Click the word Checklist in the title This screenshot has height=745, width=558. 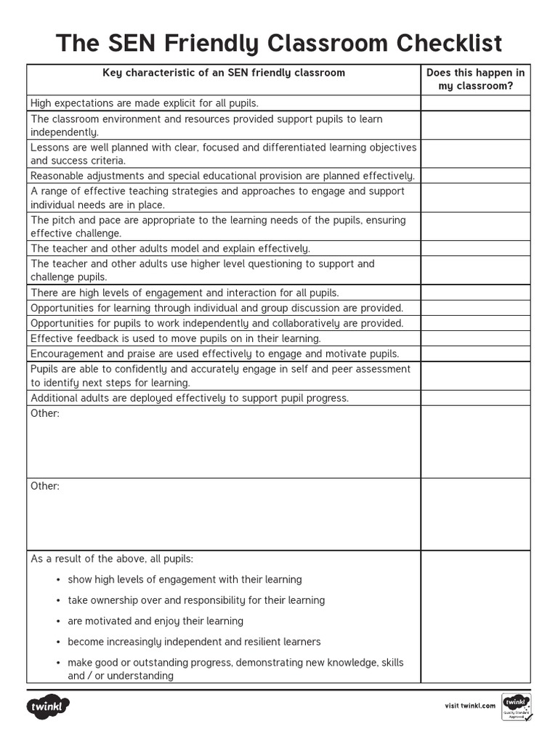click(448, 44)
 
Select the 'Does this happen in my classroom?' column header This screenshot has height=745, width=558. click(475, 79)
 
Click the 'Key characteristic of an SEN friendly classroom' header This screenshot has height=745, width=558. click(224, 73)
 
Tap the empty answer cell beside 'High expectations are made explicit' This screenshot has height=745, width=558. click(475, 103)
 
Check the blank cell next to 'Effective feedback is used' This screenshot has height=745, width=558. click(475, 338)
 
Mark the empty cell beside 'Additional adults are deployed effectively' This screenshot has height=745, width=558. click(475, 398)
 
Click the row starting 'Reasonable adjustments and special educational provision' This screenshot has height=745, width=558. click(223, 176)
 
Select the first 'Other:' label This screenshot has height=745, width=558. click(45, 413)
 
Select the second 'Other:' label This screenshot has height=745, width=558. click(45, 486)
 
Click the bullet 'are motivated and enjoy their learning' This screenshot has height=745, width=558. click(155, 621)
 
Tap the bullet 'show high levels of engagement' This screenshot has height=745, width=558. click(185, 580)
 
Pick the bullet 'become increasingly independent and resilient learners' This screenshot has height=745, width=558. click(194, 642)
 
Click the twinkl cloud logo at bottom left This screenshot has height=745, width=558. click(49, 706)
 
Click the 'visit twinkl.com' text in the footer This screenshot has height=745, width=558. click(470, 706)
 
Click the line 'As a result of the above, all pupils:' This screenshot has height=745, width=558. click(112, 559)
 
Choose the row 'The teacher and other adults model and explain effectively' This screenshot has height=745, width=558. click(170, 249)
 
